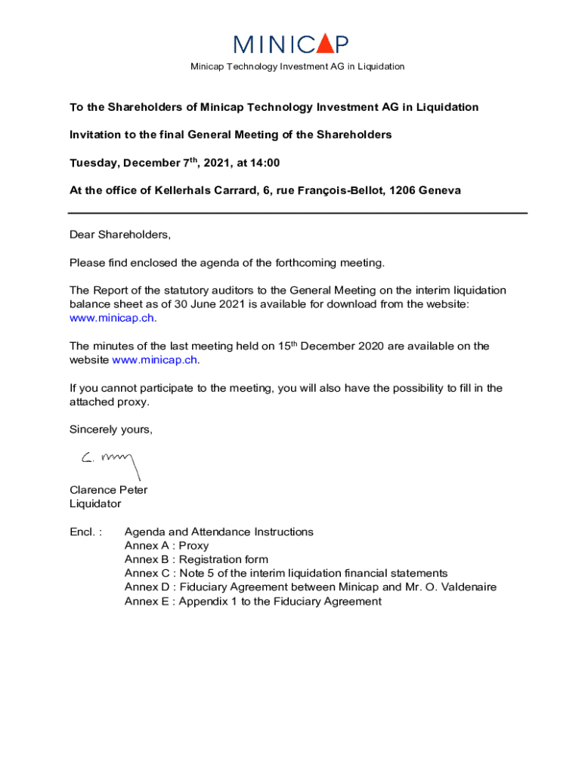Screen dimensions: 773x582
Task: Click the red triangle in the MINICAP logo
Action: pyautogui.click(x=324, y=45)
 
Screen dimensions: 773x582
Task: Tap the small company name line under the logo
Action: pyautogui.click(x=297, y=66)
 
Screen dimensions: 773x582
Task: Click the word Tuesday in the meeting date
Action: pyautogui.click(x=94, y=163)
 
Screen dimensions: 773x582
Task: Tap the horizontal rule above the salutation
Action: pyautogui.click(x=298, y=213)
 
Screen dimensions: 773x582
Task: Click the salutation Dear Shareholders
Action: pyautogui.click(x=120, y=235)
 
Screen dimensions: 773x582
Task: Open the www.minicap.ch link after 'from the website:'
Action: pyautogui.click(x=113, y=318)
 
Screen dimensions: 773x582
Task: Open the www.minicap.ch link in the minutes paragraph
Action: pyautogui.click(x=156, y=360)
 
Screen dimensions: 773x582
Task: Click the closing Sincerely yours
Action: pyautogui.click(x=110, y=430)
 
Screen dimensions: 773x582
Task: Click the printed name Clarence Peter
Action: pyautogui.click(x=108, y=490)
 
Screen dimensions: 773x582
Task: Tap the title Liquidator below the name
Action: pyautogui.click(x=94, y=504)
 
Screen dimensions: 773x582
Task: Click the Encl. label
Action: pyautogui.click(x=85, y=532)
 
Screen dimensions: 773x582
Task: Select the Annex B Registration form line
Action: pyautogui.click(x=196, y=559)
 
